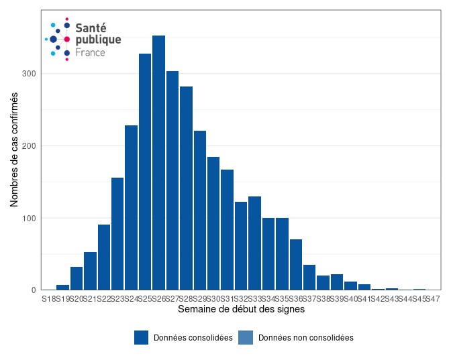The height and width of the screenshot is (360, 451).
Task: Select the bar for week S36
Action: [296, 265]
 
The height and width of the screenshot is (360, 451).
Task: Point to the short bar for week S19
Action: [62, 288]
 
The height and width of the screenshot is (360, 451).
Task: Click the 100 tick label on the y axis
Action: [32, 218]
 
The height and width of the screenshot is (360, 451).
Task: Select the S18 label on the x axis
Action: [48, 298]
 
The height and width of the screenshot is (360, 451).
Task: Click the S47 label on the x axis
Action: [433, 298]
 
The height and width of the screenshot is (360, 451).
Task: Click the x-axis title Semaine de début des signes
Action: [241, 310]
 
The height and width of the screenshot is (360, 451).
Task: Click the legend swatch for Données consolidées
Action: [141, 338]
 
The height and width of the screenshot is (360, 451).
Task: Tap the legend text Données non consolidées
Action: [305, 338]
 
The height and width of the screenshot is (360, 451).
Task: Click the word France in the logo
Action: [90, 52]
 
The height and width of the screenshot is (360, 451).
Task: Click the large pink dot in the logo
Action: [67, 40]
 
